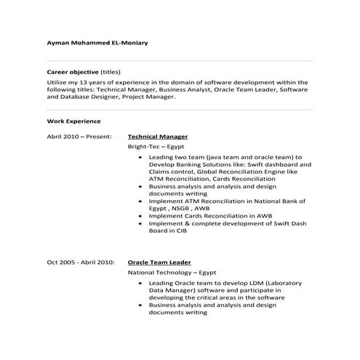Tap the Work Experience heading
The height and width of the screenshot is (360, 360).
[x=73, y=121]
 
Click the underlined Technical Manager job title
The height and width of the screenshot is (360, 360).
[x=158, y=136]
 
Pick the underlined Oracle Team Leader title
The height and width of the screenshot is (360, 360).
[x=159, y=260]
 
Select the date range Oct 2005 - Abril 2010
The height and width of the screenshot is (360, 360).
[x=80, y=260]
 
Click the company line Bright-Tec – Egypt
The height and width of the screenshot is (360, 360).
[x=151, y=146]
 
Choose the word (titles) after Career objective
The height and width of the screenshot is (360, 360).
[x=111, y=73]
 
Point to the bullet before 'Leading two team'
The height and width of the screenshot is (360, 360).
[x=139, y=157]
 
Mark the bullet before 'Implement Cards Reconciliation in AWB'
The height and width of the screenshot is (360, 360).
[x=139, y=215]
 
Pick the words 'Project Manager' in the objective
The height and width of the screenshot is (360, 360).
[x=149, y=97]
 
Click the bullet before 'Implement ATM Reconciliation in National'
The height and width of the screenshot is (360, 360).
[x=139, y=199]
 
